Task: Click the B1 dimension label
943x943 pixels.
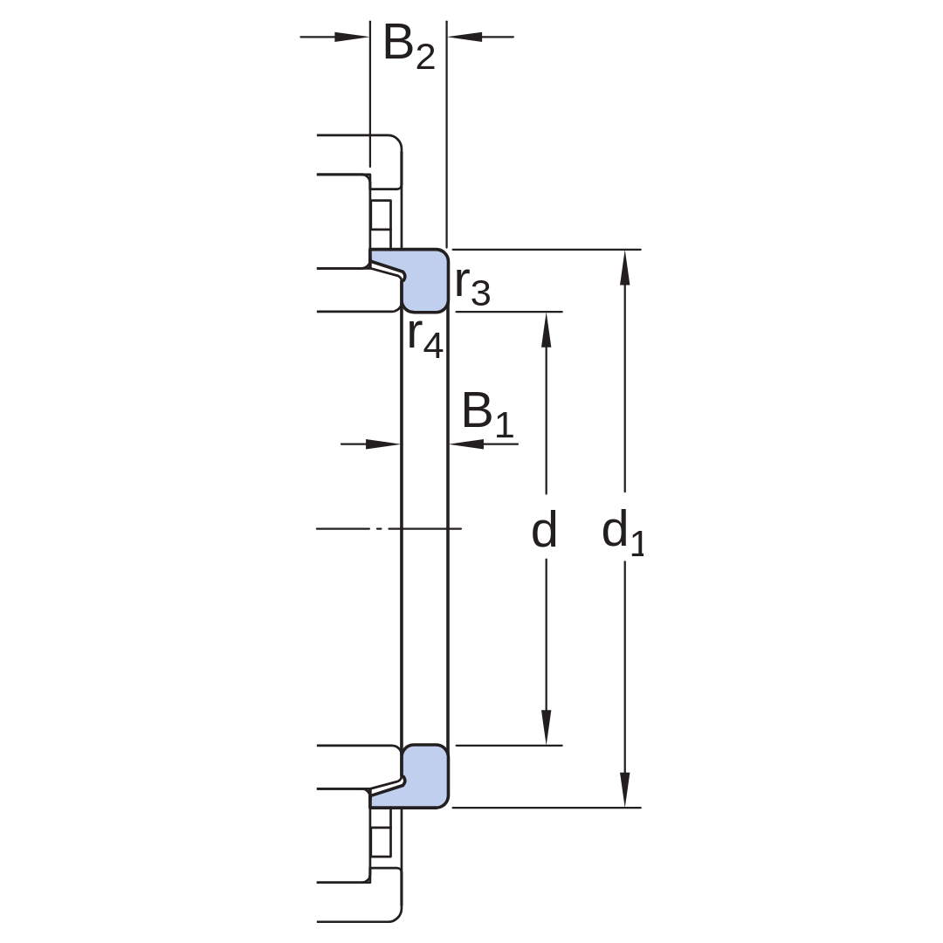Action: coord(488,415)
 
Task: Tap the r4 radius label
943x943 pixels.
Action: coord(425,338)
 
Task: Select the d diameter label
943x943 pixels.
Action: coord(544,529)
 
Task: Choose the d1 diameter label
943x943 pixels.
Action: coord(623,532)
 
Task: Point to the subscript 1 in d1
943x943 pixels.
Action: coord(637,543)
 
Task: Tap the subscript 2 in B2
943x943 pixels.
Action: coord(425,58)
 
